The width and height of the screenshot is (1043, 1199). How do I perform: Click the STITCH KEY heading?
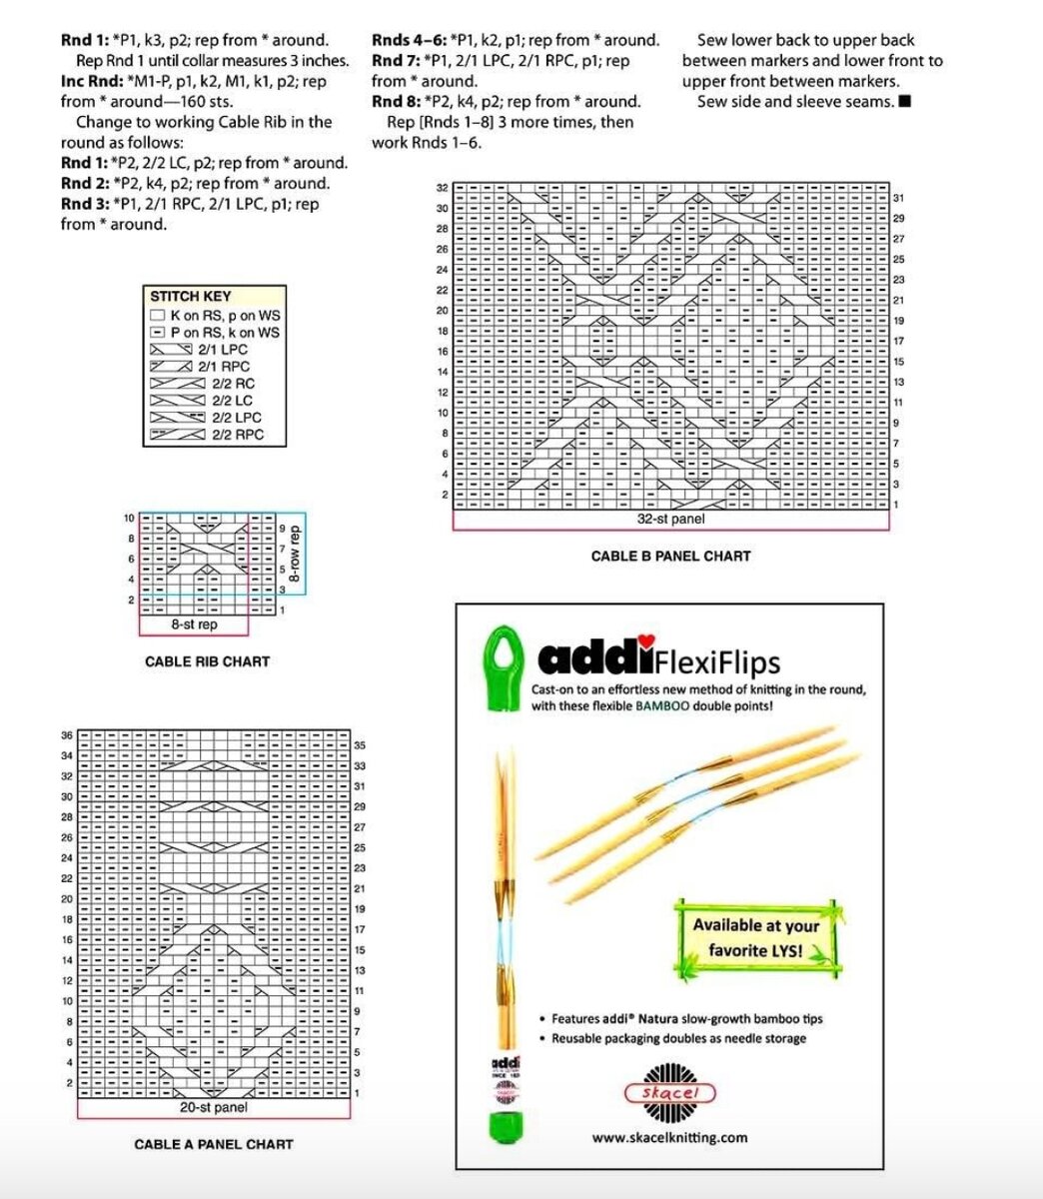[x=190, y=296]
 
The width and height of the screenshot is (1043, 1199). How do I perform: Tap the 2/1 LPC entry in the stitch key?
[x=222, y=350]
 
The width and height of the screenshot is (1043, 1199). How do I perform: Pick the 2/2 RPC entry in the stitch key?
[x=237, y=435]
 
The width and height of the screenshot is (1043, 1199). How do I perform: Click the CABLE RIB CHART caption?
[x=207, y=661]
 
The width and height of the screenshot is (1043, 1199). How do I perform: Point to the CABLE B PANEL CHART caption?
[x=670, y=556]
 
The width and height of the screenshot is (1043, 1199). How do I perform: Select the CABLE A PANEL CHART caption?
[x=214, y=1144]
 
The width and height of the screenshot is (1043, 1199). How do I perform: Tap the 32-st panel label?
[x=670, y=520]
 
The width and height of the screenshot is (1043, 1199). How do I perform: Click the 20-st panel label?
[x=214, y=1107]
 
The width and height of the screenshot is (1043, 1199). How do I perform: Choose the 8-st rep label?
[x=194, y=624]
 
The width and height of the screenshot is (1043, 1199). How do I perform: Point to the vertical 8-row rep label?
[x=295, y=555]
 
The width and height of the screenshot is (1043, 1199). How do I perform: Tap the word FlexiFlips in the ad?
[x=718, y=662]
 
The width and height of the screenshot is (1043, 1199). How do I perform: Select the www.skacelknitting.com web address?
[x=669, y=1137]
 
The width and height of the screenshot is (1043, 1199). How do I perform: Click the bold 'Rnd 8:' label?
[x=396, y=101]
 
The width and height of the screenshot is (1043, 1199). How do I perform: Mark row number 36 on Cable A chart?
[x=67, y=735]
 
